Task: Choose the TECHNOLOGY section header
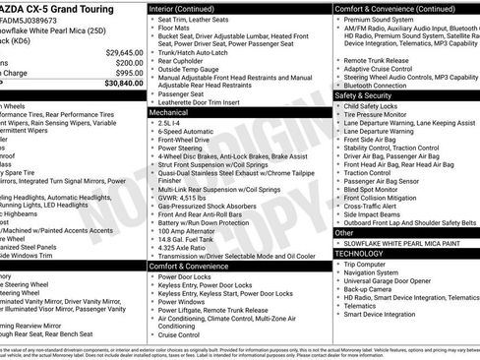point(360,253)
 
